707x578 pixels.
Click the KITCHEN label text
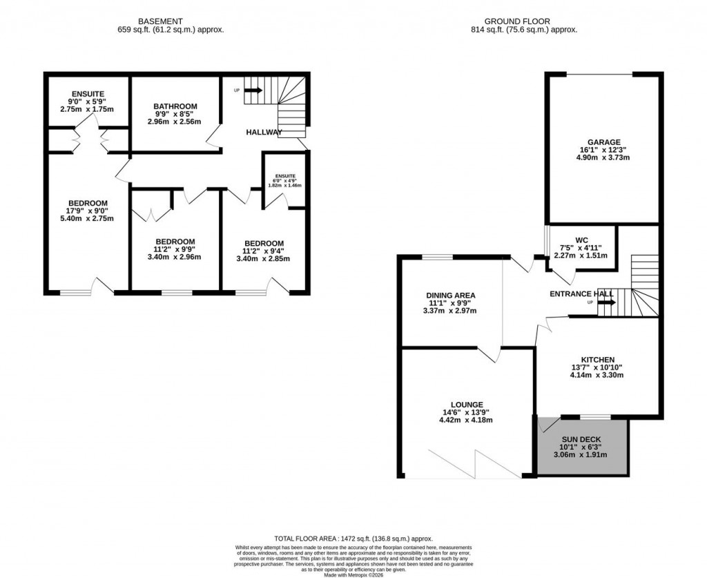tap(597, 360)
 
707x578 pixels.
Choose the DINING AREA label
tap(450, 295)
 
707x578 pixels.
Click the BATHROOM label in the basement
tap(175, 106)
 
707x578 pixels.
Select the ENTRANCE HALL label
tap(581, 293)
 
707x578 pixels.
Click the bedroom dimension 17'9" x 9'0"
tap(88, 211)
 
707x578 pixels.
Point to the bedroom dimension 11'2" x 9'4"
tap(264, 251)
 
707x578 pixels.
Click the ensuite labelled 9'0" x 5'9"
tap(88, 102)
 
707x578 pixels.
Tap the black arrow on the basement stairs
tap(253, 90)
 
